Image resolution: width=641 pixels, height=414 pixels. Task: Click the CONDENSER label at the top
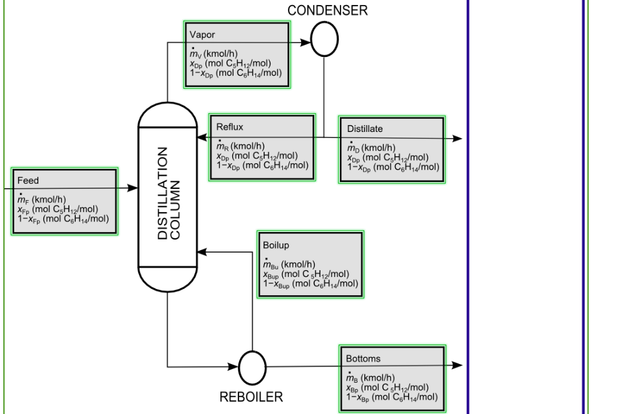(327, 11)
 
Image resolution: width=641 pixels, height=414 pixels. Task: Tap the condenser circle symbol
(324, 39)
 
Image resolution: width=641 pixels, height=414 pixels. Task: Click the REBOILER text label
(251, 397)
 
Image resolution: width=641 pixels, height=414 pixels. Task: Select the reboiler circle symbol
(252, 368)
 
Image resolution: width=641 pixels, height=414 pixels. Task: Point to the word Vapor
(202, 35)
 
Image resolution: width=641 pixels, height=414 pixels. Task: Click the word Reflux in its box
(230, 127)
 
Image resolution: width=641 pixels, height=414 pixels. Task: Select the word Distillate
(365, 129)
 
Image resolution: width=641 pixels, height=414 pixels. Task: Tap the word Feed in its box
(28, 181)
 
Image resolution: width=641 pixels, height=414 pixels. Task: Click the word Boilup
(276, 245)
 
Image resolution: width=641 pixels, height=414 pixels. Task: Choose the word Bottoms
(363, 359)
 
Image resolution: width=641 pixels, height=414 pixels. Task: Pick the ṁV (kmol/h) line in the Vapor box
(214, 53)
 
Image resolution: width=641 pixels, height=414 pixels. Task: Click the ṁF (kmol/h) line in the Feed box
(42, 199)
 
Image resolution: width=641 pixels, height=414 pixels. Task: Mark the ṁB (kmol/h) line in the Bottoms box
(371, 378)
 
